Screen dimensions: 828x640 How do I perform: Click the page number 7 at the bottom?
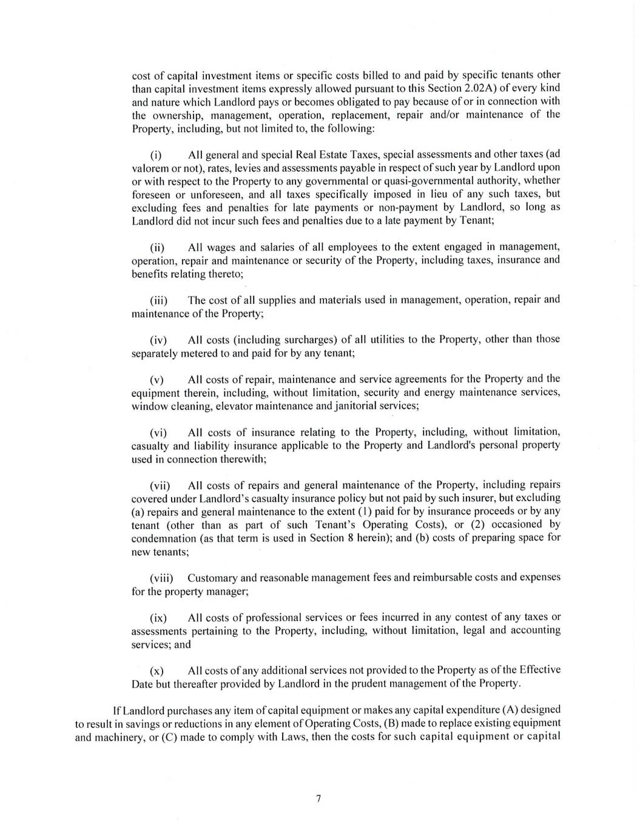click(318, 798)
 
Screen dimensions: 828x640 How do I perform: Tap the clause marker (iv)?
click(158, 340)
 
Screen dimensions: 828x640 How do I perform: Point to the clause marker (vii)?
click(160, 486)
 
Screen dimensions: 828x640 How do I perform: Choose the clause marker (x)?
click(157, 671)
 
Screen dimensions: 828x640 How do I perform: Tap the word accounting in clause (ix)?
click(534, 630)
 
